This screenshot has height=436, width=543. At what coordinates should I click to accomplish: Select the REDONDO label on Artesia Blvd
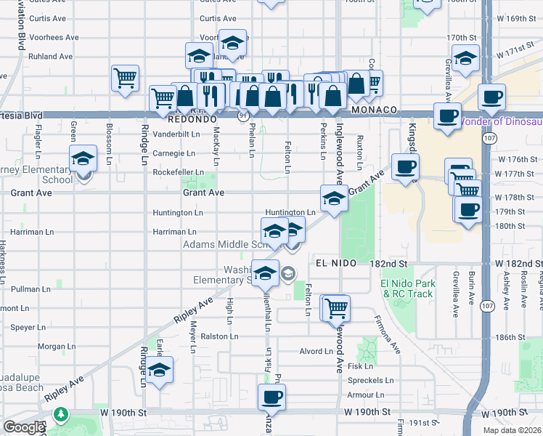point(192,118)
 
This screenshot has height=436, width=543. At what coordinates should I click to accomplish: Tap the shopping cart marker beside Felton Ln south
point(336,309)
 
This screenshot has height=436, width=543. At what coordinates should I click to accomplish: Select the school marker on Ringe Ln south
point(159,370)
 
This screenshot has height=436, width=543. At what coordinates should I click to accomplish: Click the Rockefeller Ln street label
point(178,172)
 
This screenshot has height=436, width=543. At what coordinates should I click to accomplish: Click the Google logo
point(24,427)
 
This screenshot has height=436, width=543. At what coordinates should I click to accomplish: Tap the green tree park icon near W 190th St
point(62,416)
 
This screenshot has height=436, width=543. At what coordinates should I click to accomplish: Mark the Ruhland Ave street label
point(50,56)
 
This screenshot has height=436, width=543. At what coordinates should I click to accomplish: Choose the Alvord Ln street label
point(316,351)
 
